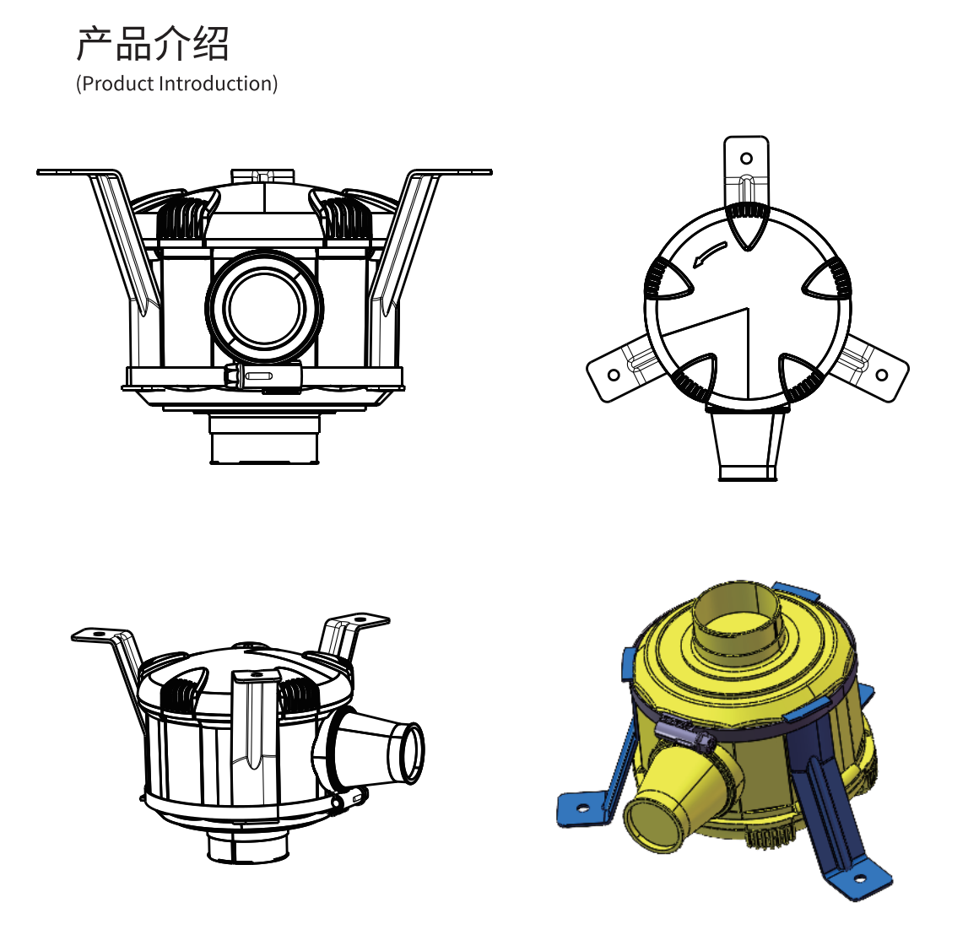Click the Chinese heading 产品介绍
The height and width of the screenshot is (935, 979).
(153, 44)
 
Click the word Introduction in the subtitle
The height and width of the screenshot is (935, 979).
(216, 84)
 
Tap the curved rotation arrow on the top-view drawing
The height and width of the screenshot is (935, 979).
(710, 253)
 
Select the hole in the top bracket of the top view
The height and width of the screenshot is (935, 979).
(746, 158)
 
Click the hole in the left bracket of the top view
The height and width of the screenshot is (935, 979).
(614, 376)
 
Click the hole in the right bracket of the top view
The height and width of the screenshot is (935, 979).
(882, 376)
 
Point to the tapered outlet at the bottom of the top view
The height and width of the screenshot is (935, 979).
(748, 443)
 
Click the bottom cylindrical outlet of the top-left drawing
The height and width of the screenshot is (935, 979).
(265, 440)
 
